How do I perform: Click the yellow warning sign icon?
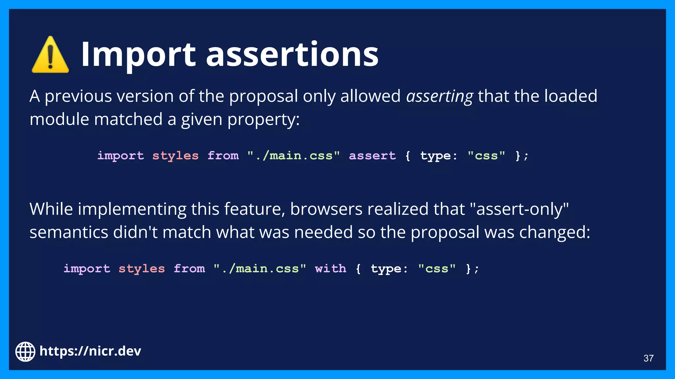point(50,55)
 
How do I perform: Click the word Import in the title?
point(138,54)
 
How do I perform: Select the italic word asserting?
point(439,96)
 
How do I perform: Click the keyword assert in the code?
point(372,155)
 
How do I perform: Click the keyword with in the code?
point(331,268)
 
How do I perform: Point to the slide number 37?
point(648,358)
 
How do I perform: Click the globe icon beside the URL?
point(25,351)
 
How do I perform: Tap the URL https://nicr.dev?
point(90,351)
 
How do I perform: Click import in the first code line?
point(121,155)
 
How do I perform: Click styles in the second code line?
point(141,268)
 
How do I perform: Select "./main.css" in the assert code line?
point(293,155)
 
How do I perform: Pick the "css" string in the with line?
point(437,268)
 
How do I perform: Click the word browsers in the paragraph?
point(326,209)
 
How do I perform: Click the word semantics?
point(69,232)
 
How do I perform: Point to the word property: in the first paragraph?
point(263,119)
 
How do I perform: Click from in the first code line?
point(223,155)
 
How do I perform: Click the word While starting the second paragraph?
point(51,209)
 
